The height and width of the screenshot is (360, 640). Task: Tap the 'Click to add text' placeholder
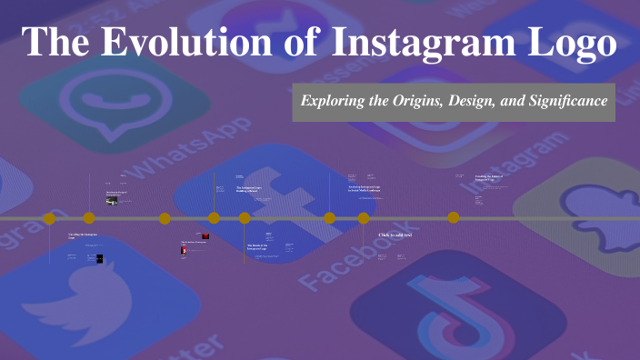click(x=395, y=235)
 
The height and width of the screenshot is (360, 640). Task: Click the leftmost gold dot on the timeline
click(x=49, y=218)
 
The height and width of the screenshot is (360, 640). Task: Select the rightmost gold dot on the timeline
click(x=453, y=217)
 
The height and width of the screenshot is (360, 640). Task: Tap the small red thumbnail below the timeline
click(x=205, y=236)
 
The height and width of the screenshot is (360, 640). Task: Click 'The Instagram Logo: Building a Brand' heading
click(x=249, y=189)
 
